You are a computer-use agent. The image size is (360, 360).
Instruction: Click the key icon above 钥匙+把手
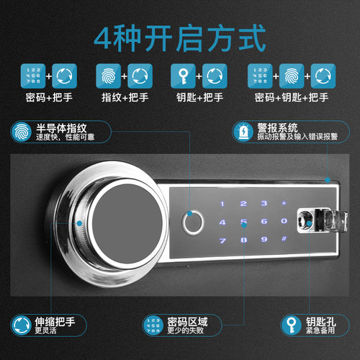point(180,75)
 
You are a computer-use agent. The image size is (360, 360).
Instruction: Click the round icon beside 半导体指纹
point(19,132)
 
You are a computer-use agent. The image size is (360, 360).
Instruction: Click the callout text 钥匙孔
point(321,319)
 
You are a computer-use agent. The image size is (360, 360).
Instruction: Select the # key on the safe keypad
point(284,238)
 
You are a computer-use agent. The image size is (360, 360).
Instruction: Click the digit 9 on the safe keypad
point(264,238)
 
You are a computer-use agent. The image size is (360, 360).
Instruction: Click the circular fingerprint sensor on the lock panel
point(192,222)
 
